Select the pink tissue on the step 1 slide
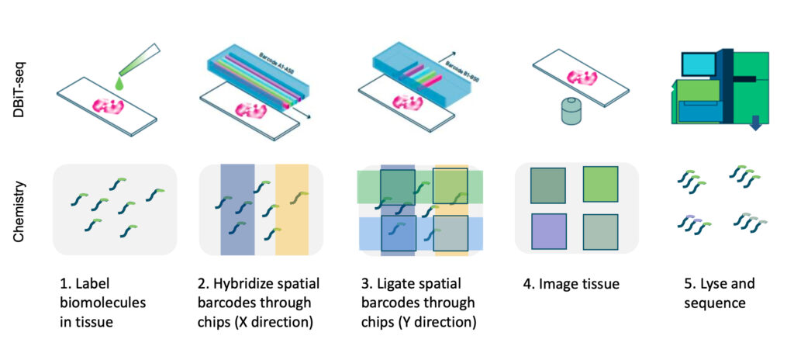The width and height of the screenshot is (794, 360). (x=108, y=106)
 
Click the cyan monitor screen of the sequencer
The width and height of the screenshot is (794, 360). (x=698, y=63)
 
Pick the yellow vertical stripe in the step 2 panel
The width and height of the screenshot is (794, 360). (x=292, y=209)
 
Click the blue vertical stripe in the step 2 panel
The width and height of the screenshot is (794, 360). (x=237, y=209)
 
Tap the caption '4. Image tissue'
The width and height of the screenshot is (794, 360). (x=571, y=284)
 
